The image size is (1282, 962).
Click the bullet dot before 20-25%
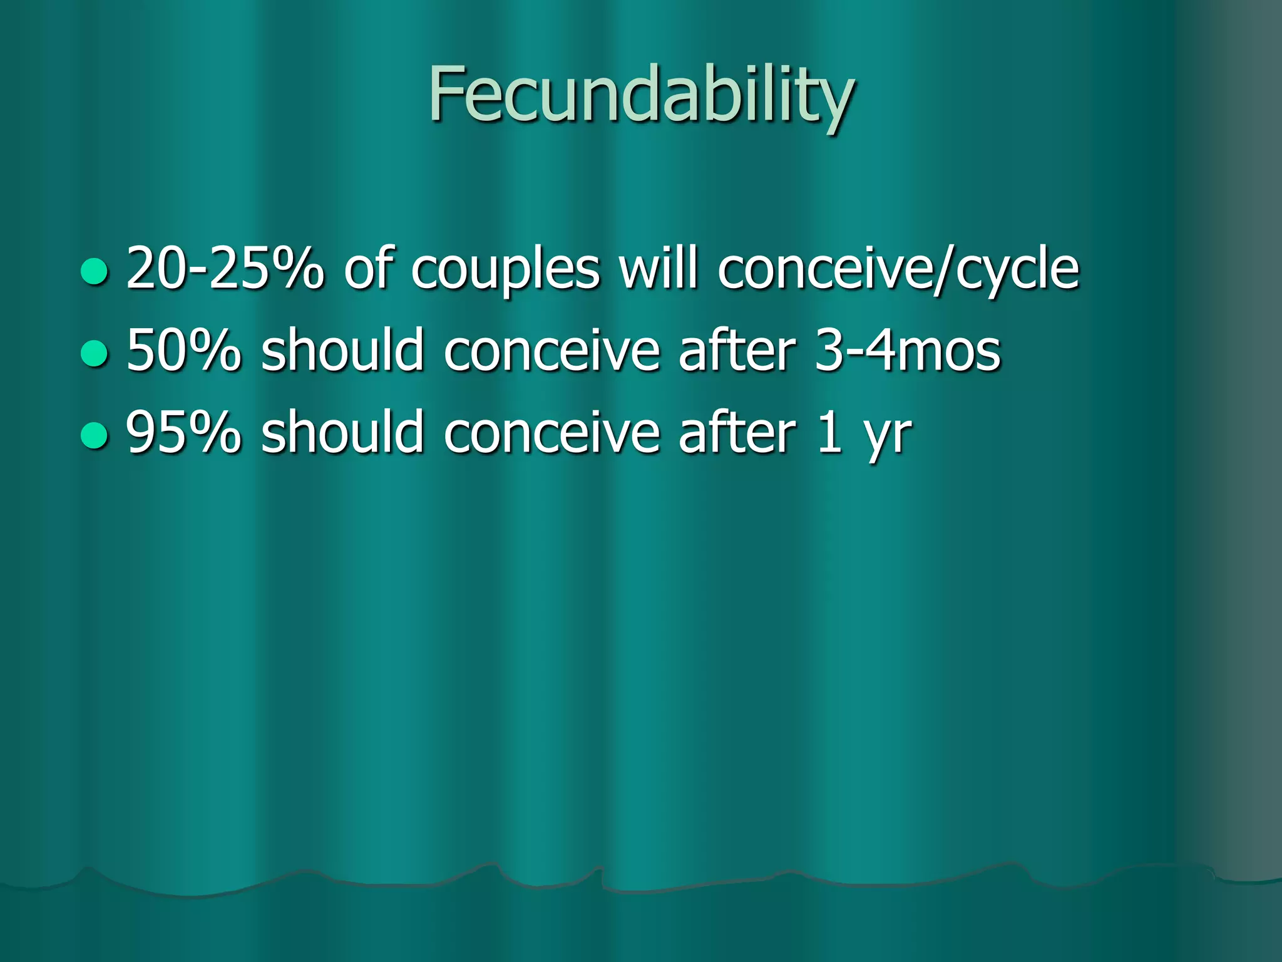(95, 271)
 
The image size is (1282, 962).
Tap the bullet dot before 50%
(95, 353)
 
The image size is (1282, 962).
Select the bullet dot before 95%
(95, 435)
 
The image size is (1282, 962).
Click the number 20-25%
(225, 269)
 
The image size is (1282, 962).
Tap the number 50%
(183, 351)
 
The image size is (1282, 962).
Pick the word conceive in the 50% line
(551, 351)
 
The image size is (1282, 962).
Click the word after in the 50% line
(737, 351)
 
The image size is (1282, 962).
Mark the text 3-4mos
(908, 351)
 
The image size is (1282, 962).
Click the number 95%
(183, 433)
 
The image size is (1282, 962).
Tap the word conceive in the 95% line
(551, 433)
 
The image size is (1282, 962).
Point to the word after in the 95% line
(737, 433)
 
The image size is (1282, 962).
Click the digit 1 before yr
(829, 433)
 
